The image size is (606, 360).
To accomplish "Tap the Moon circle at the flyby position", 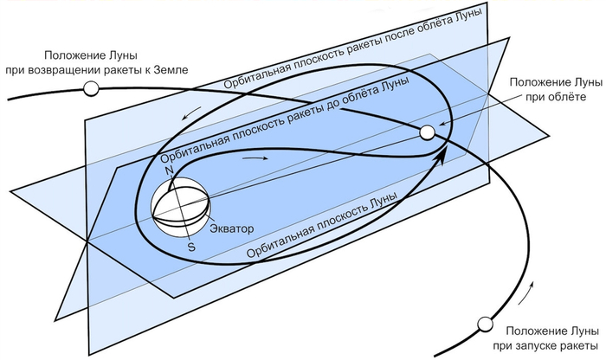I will coord(426,132).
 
